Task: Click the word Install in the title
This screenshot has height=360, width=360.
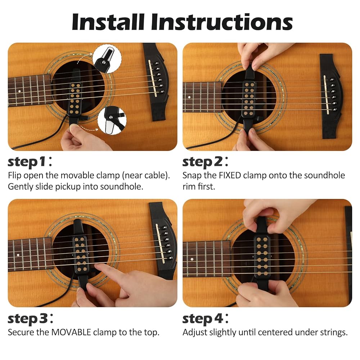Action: [108, 22]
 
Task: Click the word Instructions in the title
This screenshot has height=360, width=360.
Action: [222, 22]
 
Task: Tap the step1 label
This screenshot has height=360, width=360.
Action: [30, 162]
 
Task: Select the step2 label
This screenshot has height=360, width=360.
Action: [205, 162]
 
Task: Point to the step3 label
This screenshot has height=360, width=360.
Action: [30, 319]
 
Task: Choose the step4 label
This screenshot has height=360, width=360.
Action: [205, 319]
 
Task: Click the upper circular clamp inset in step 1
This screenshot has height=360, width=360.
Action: [107, 59]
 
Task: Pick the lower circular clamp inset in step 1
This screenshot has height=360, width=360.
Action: [112, 120]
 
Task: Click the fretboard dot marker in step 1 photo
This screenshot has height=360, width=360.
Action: [19, 91]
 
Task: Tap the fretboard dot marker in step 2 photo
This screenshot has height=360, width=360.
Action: [189, 97]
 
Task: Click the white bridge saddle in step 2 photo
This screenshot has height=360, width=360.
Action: [326, 95]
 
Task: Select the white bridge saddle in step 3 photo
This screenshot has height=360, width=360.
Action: [160, 243]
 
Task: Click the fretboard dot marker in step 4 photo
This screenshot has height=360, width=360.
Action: [192, 259]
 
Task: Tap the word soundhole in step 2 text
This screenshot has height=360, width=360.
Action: [324, 175]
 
